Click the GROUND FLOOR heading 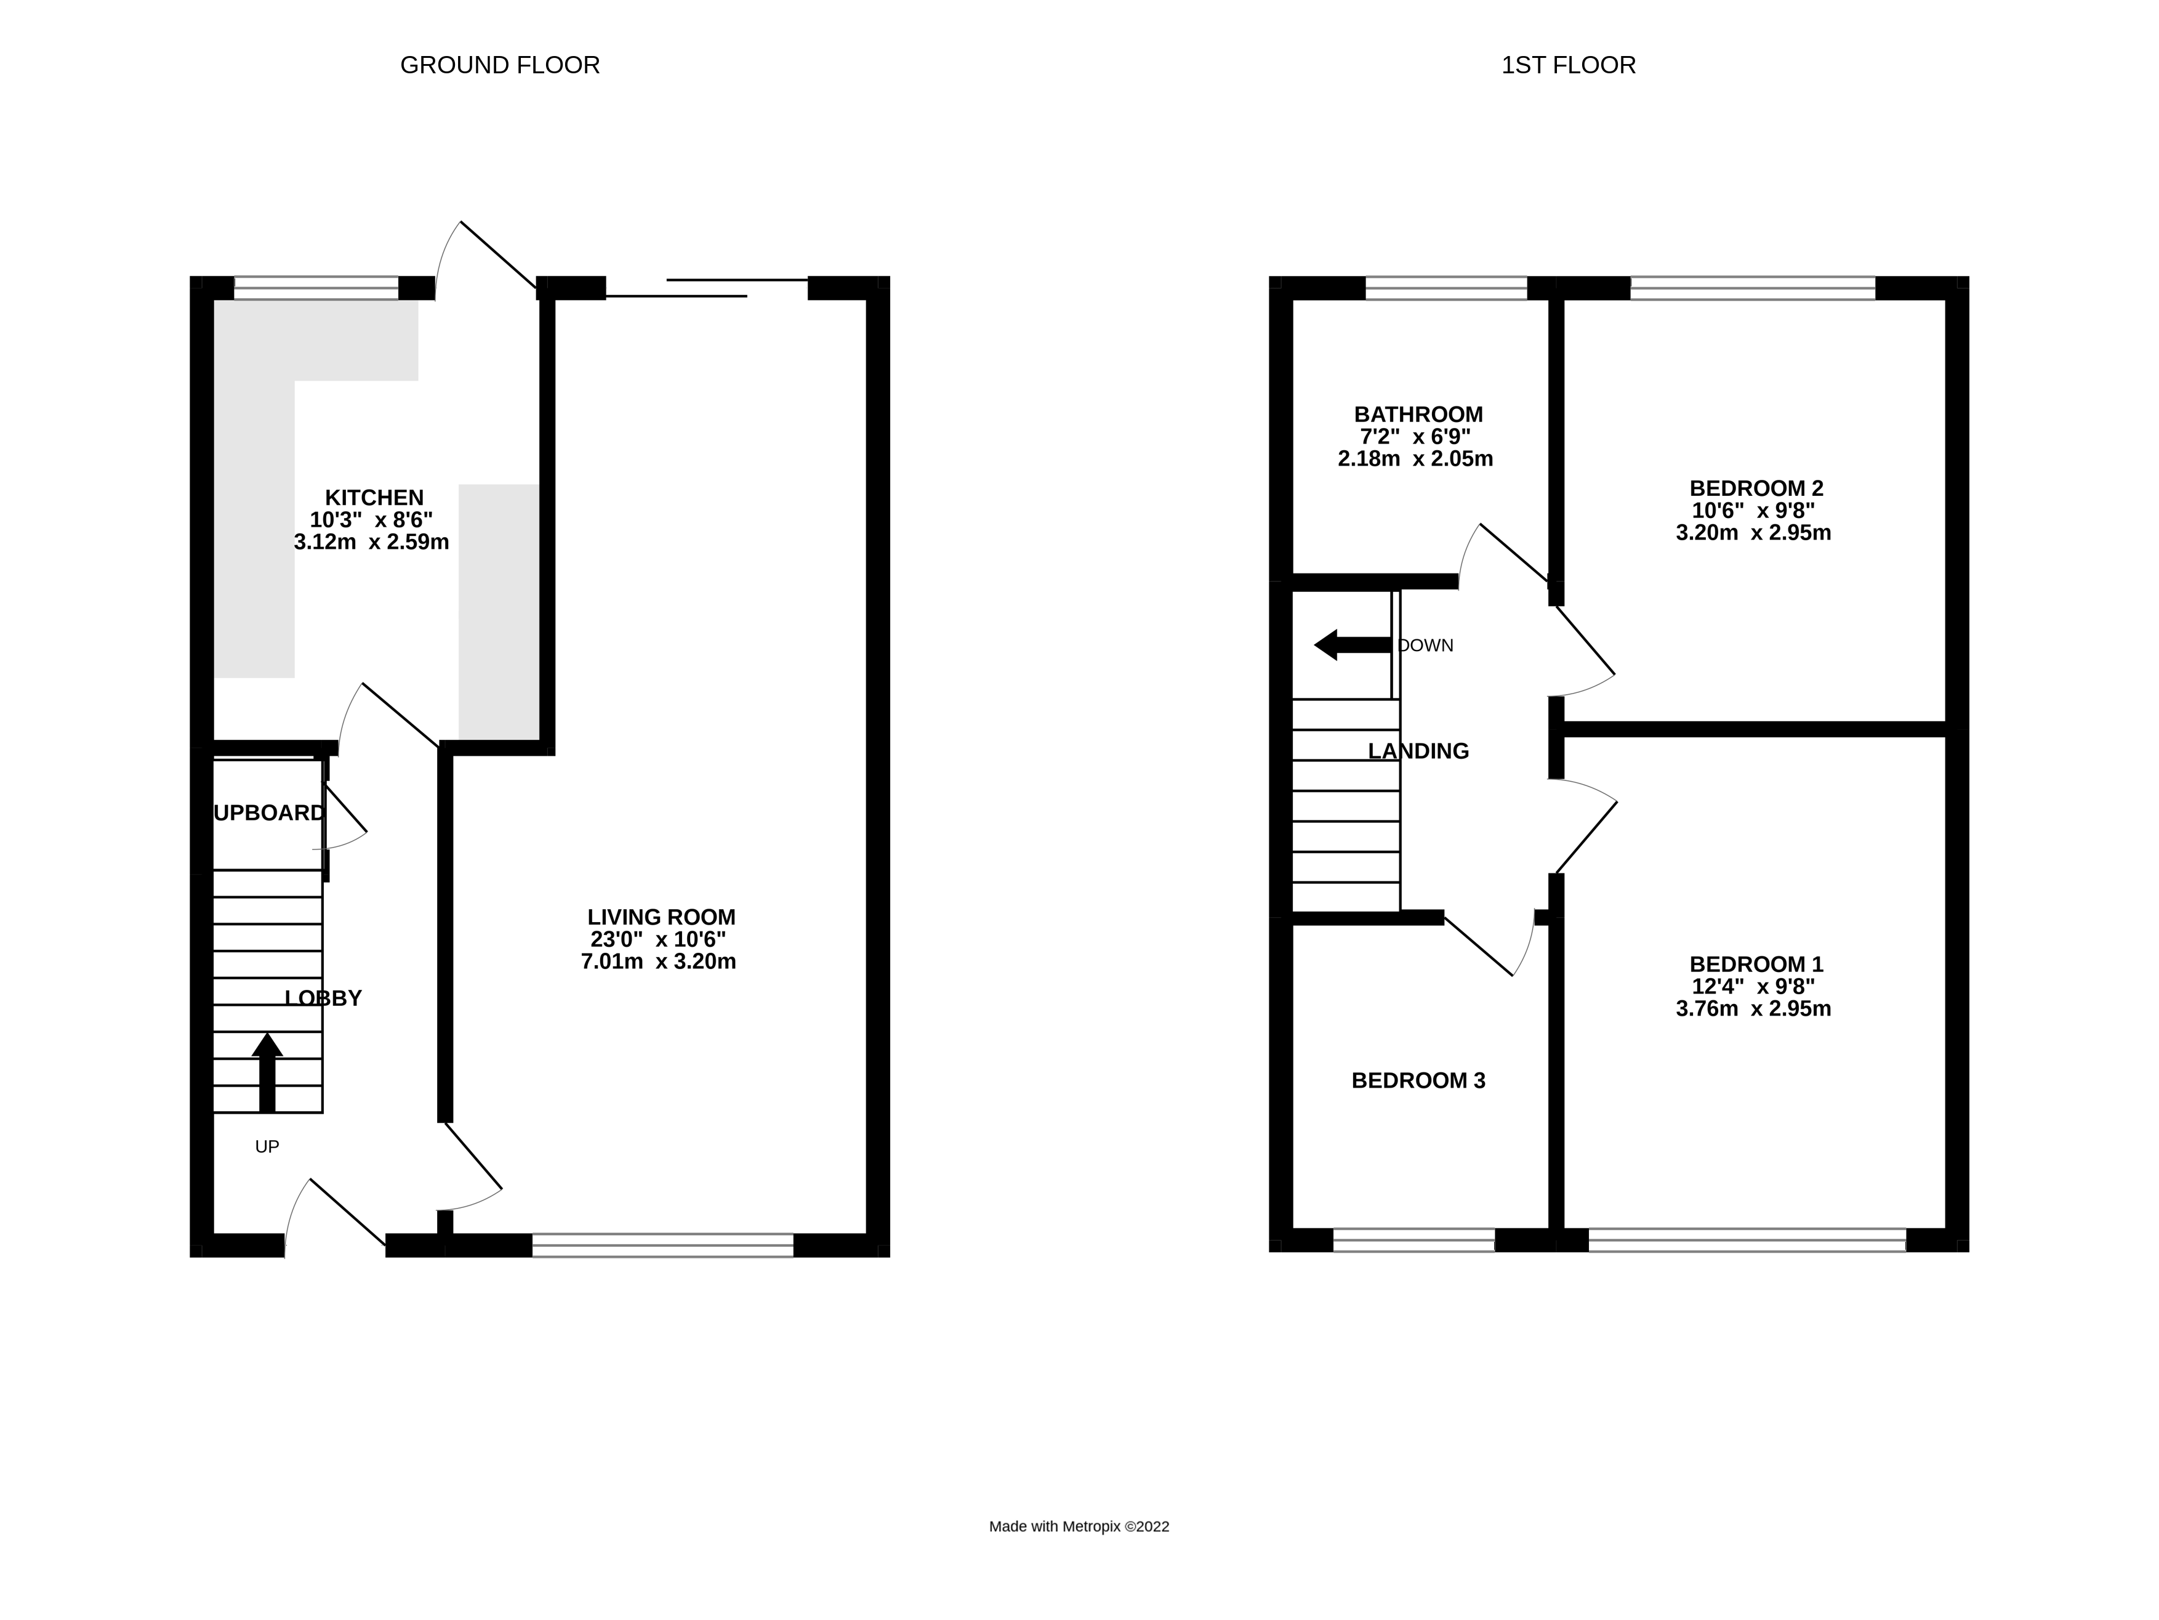click(500, 65)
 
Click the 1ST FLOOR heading click(1567, 65)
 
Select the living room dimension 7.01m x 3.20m click(658, 962)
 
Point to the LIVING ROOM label click(661, 917)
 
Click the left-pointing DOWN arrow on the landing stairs click(1351, 644)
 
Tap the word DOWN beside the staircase click(1426, 646)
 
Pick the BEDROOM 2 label click(1756, 488)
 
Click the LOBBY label click(323, 998)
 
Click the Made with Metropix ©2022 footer click(1079, 1526)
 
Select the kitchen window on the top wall click(316, 288)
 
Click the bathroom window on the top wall click(1445, 288)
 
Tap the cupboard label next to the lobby click(268, 812)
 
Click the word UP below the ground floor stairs click(267, 1146)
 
